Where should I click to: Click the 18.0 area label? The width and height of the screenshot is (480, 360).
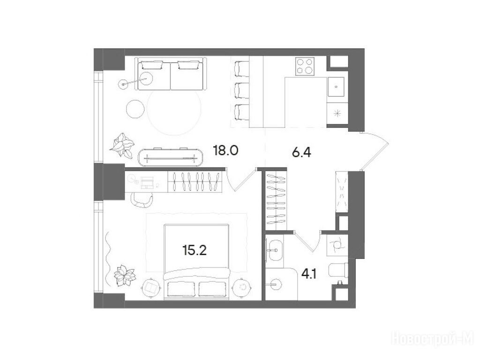pos(225,151)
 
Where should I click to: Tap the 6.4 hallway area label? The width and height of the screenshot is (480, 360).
pos(301,152)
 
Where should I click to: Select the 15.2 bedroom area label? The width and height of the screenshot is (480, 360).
pos(195,250)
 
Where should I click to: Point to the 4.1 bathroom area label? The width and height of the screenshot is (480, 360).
pos(309,274)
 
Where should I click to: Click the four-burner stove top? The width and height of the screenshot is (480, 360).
pos(305,66)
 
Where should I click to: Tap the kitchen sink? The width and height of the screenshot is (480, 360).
pos(336,87)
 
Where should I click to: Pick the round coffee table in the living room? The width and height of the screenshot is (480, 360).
pos(135,109)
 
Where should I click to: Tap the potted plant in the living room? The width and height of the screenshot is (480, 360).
pos(122,145)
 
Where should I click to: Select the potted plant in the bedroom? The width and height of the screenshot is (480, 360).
pos(124,275)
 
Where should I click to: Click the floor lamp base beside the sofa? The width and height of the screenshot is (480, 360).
pos(123,84)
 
